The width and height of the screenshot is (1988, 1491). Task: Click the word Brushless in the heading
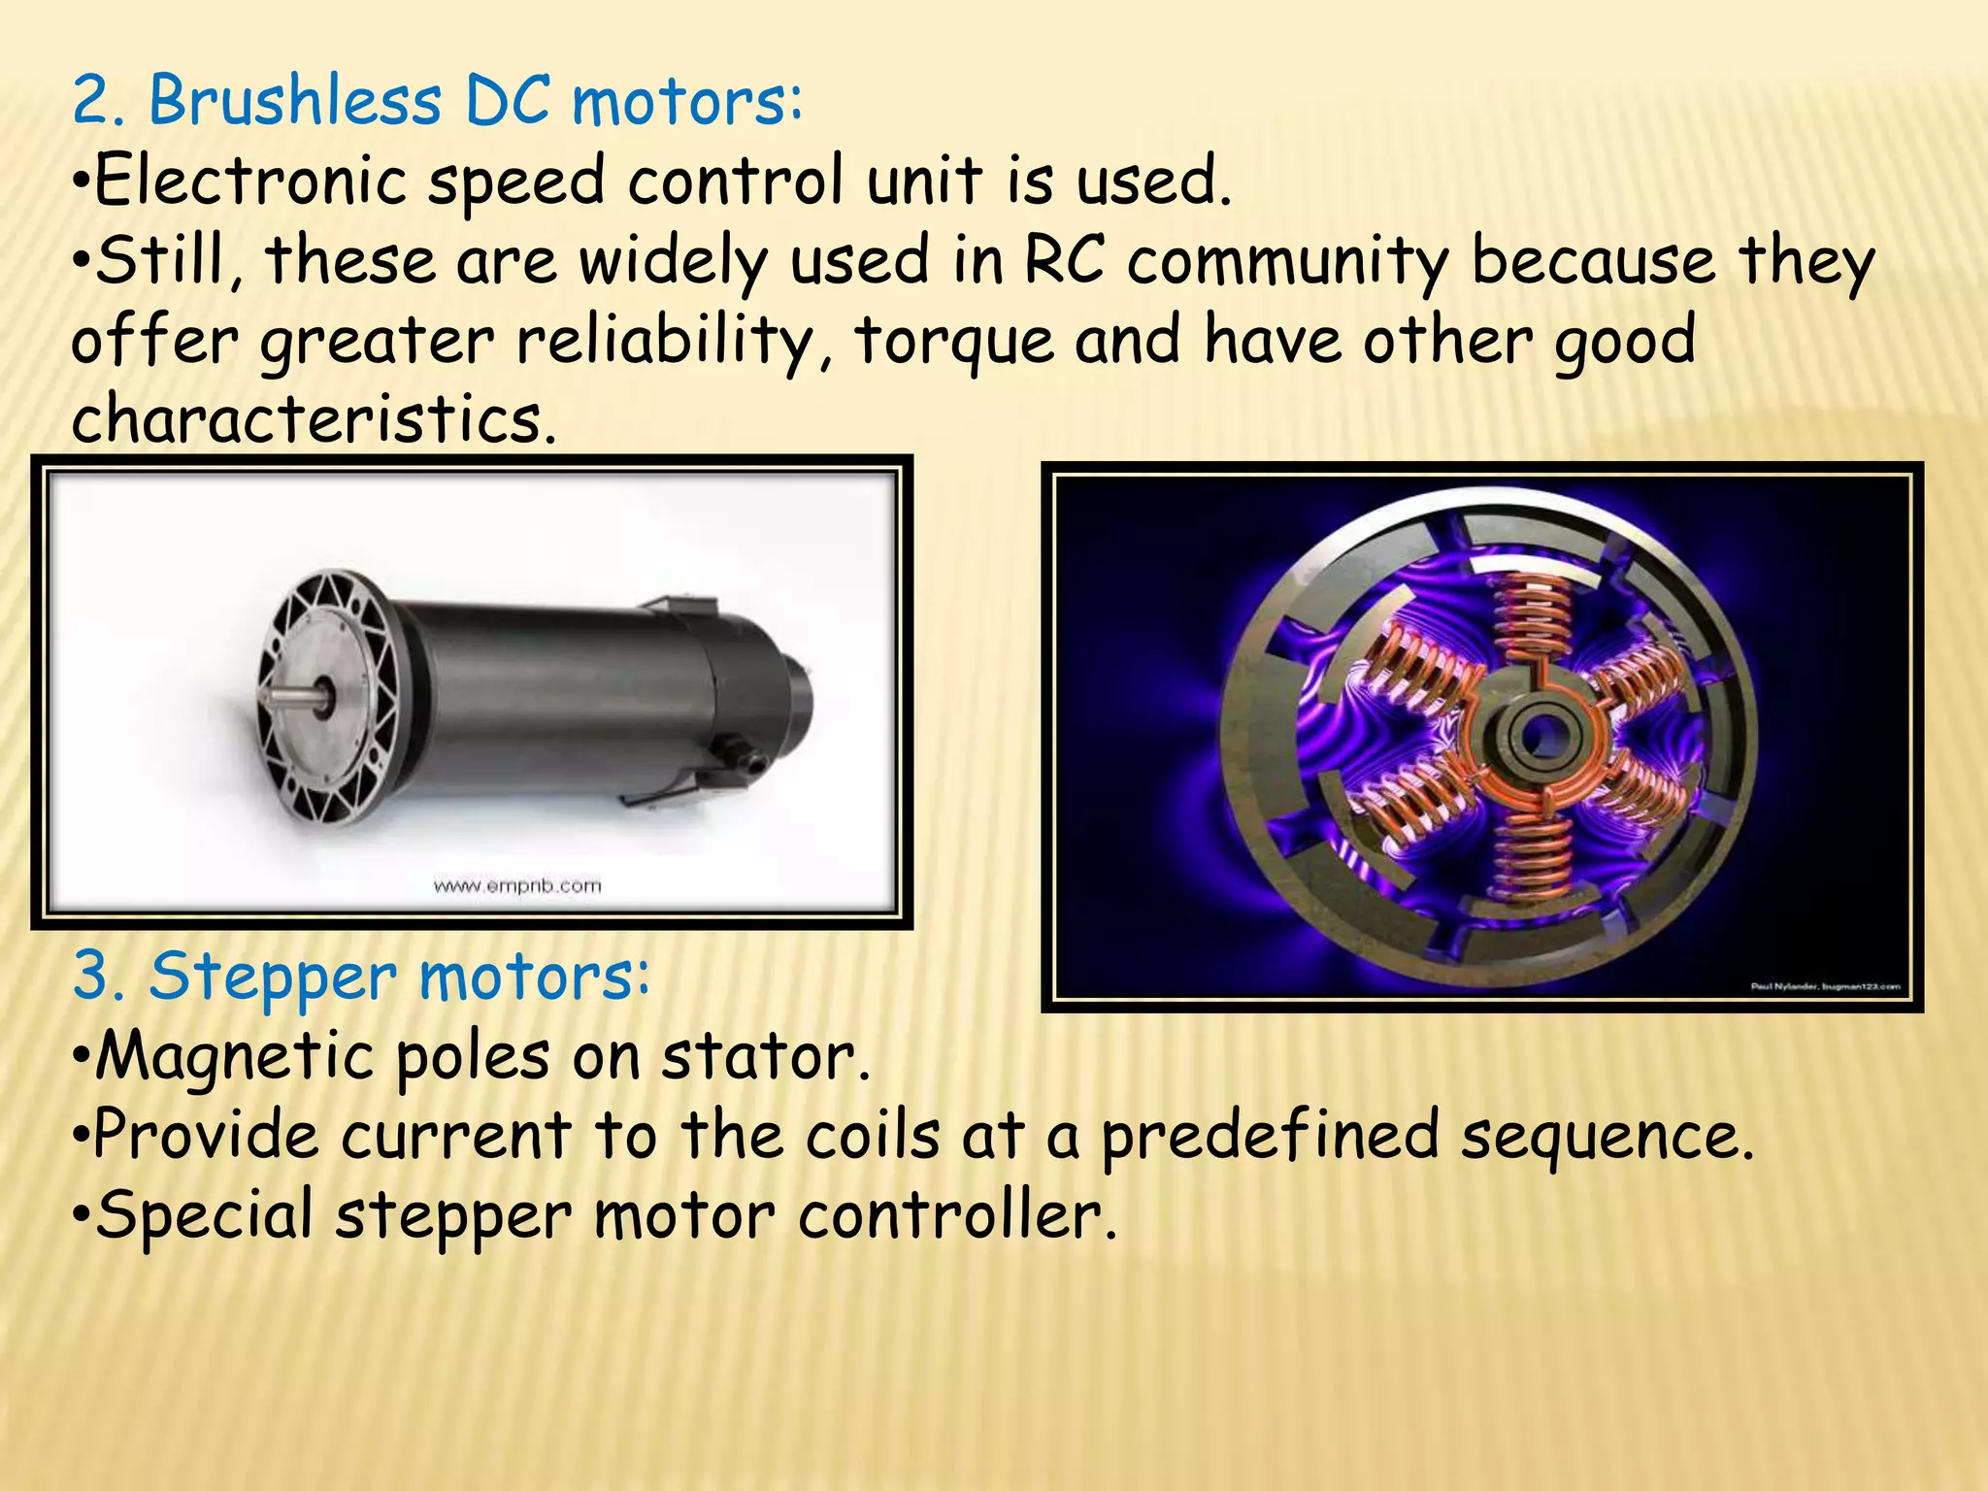tap(294, 101)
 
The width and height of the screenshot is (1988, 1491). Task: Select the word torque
tap(954, 342)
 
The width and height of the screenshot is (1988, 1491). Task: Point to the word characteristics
tap(313, 420)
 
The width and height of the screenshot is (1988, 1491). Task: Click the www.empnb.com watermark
tap(516, 885)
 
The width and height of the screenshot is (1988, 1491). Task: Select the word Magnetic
tap(234, 1056)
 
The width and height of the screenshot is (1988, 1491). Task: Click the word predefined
tap(1270, 1136)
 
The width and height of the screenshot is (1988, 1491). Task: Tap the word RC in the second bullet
tap(1065, 261)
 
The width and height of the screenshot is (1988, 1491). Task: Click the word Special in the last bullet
tap(204, 1215)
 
